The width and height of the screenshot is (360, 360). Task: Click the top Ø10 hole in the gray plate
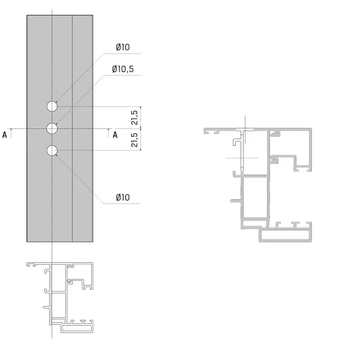click(52, 106)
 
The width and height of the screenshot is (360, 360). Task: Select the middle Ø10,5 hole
click(52, 128)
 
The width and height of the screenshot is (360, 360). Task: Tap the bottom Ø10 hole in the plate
click(52, 151)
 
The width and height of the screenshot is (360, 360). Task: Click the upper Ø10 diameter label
click(123, 47)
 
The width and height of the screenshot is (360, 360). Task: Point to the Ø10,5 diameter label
click(123, 69)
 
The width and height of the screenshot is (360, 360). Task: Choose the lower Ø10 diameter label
click(123, 197)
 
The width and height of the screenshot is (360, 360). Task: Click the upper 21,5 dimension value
click(134, 118)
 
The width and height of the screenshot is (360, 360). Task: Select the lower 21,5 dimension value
click(134, 140)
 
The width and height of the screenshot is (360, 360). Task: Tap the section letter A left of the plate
click(4, 135)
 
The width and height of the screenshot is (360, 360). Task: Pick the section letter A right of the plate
click(115, 135)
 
